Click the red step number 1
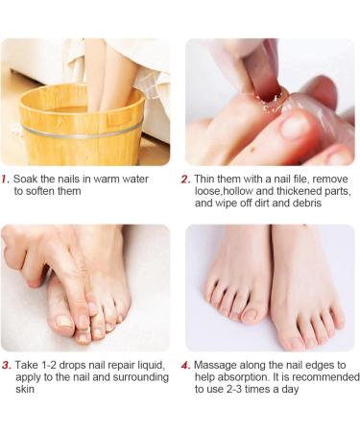pyautogui.click(x=5, y=180)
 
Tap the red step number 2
pyautogui.click(x=185, y=180)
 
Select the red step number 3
pyautogui.click(x=7, y=365)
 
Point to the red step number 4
pyautogui.click(x=186, y=365)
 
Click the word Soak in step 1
pyautogui.click(x=24, y=179)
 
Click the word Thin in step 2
pyautogui.click(x=204, y=179)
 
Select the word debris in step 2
pyautogui.click(x=307, y=204)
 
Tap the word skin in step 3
pyautogui.click(x=25, y=389)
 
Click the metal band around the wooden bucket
pyautogui.click(x=83, y=132)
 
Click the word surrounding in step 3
pyautogui.click(x=140, y=377)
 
